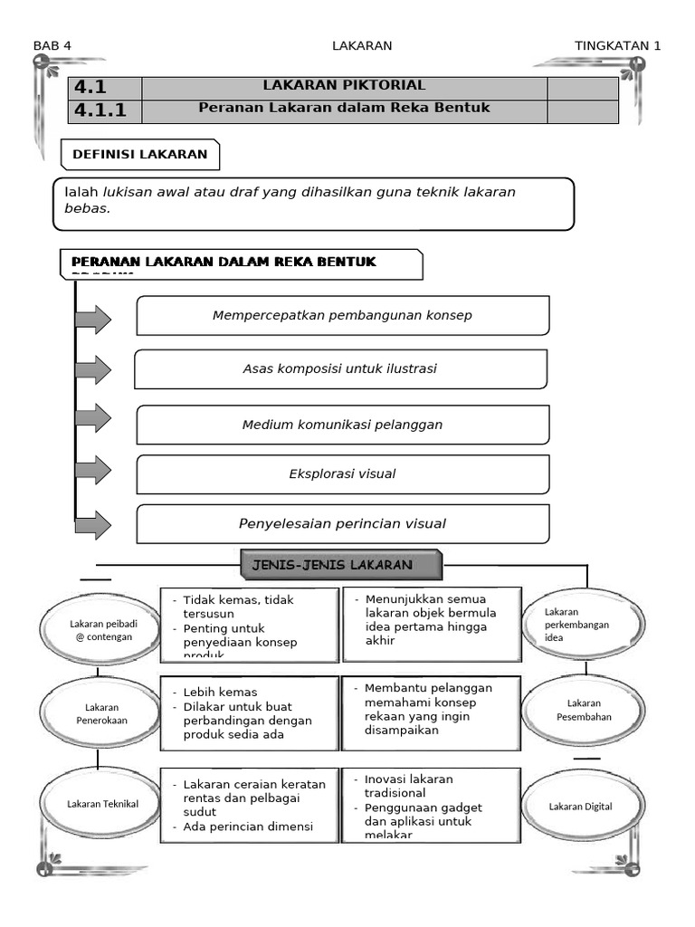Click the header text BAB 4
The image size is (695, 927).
click(52, 46)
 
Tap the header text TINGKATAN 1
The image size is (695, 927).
click(617, 46)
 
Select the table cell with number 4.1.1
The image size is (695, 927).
click(105, 111)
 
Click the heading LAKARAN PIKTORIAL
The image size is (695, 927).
click(344, 86)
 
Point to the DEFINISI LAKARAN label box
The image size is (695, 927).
click(140, 155)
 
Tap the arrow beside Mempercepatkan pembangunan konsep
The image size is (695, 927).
click(93, 320)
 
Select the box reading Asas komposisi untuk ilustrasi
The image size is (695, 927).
click(340, 369)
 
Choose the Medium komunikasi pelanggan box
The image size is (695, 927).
click(342, 425)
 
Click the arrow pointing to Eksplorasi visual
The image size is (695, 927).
click(93, 471)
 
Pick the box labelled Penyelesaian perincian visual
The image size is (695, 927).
click(342, 523)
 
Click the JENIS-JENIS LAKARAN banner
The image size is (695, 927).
click(341, 566)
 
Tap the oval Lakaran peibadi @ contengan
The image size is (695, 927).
click(100, 629)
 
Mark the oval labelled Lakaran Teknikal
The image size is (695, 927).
click(101, 804)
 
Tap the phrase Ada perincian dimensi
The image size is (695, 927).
click(247, 826)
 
